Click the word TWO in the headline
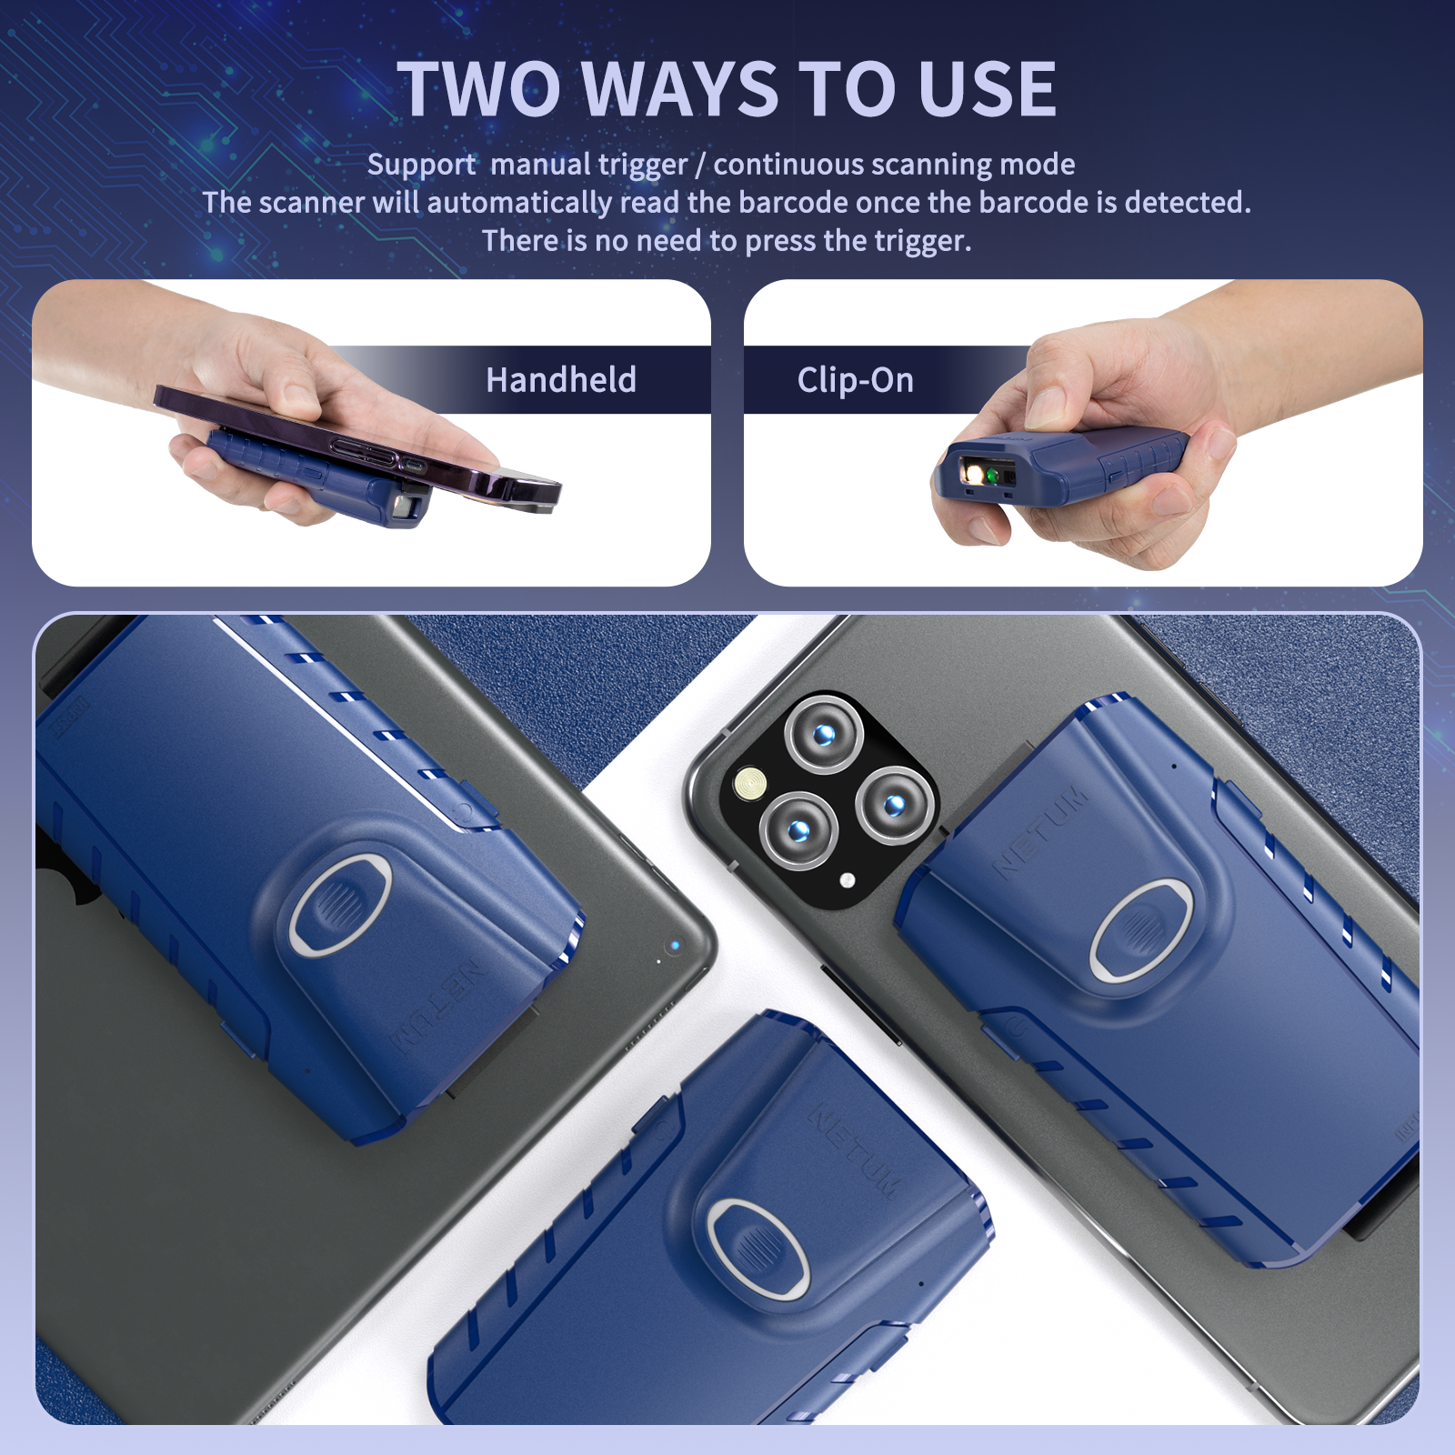point(479,89)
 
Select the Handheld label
point(561,379)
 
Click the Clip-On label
point(856,380)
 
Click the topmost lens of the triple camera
point(824,734)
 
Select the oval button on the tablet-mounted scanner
point(341,904)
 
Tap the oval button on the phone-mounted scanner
point(1142,931)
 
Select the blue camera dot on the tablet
point(675,946)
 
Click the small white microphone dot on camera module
point(848,880)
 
